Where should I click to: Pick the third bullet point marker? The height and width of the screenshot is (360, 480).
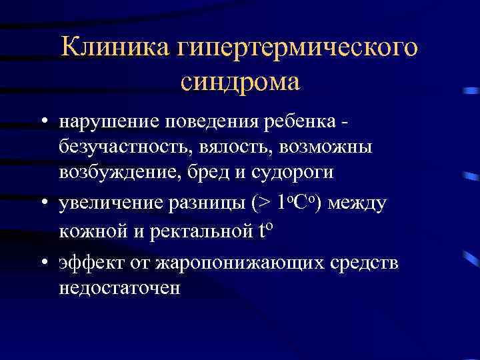[x=42, y=263]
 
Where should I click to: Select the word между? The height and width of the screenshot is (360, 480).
[x=357, y=203]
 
